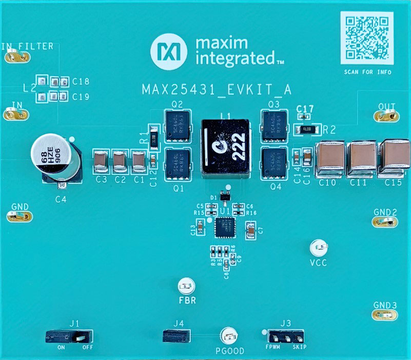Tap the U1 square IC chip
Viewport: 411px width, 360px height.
point(224,228)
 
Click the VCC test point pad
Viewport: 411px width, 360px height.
point(319,249)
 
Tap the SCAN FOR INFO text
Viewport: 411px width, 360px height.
point(367,72)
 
